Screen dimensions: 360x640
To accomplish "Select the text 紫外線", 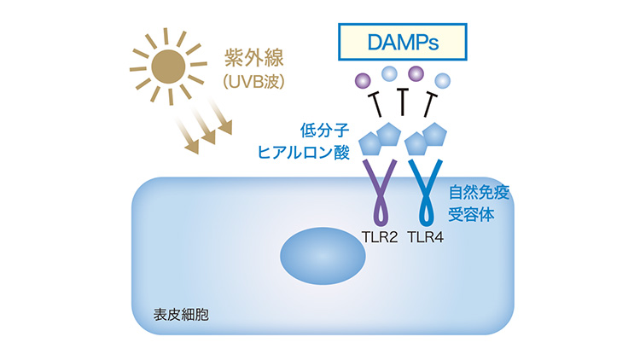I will pyautogui.click(x=249, y=57).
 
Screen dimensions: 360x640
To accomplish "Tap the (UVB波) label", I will pyautogui.click(x=251, y=83).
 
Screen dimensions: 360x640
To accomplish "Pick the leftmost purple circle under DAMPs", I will pyautogui.click(x=362, y=81).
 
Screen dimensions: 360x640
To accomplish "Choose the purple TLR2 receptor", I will pyautogui.click(x=379, y=192).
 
